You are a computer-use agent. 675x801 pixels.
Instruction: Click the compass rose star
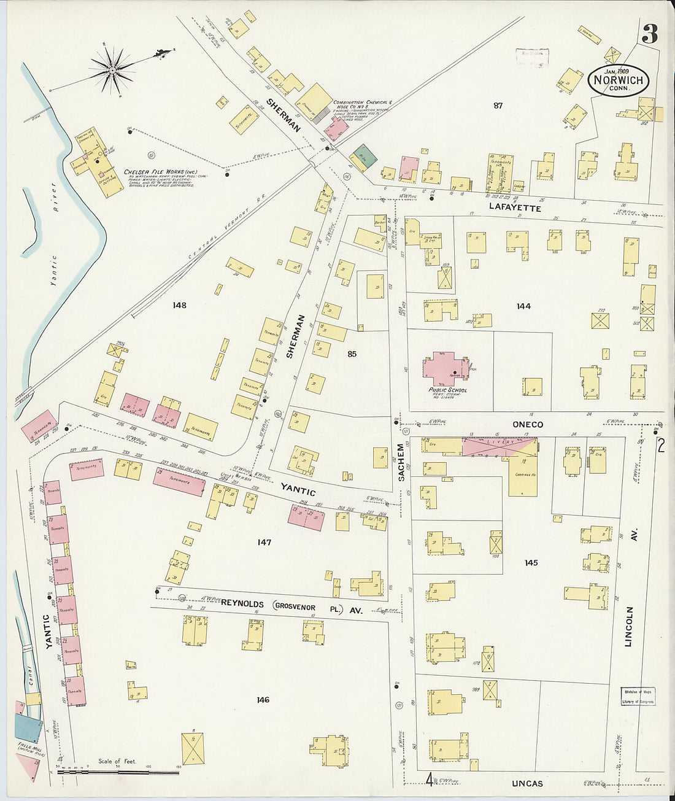tap(113, 70)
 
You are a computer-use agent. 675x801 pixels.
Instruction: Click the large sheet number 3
tap(649, 35)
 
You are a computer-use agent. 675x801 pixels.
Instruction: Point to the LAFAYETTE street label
tap(515, 208)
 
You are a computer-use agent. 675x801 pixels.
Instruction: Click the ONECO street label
tap(528, 424)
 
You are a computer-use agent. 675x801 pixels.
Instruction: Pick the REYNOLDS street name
tap(242, 603)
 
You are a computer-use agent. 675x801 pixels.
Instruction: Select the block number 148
tap(179, 305)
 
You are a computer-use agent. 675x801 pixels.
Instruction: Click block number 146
tap(263, 700)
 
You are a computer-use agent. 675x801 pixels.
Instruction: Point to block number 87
tap(498, 106)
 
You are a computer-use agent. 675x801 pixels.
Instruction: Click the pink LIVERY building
tap(498, 447)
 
